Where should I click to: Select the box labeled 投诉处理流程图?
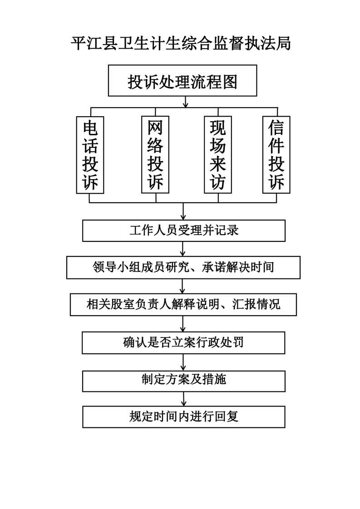pyautogui.click(x=182, y=80)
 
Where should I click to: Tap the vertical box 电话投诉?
pyautogui.click(x=90, y=155)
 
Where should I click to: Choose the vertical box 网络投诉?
pyautogui.click(x=155, y=155)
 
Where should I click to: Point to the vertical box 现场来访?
pyautogui.click(x=218, y=155)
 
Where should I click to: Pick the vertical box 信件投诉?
pyautogui.click(x=276, y=155)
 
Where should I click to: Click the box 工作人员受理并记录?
pyautogui.click(x=184, y=230)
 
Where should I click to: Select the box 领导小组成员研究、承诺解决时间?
pyautogui.click(x=183, y=268)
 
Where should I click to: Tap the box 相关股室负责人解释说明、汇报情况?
pyautogui.click(x=183, y=304)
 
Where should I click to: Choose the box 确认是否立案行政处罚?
pyautogui.click(x=183, y=343)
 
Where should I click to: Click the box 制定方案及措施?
pyautogui.click(x=184, y=381)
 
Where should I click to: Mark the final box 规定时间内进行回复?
pyautogui.click(x=184, y=417)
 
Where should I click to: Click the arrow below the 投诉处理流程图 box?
pyautogui.click(x=186, y=102)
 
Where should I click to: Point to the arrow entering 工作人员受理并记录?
pyautogui.click(x=183, y=211)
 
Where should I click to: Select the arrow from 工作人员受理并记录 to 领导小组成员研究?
pyautogui.click(x=182, y=249)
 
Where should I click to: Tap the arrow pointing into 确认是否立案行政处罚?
pyautogui.click(x=183, y=323)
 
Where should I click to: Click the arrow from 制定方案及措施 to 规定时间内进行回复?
pyautogui.click(x=183, y=399)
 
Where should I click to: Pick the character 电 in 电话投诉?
pyautogui.click(x=90, y=127)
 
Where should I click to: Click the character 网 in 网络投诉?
pyautogui.click(x=155, y=127)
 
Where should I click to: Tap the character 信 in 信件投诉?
pyautogui.click(x=276, y=127)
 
